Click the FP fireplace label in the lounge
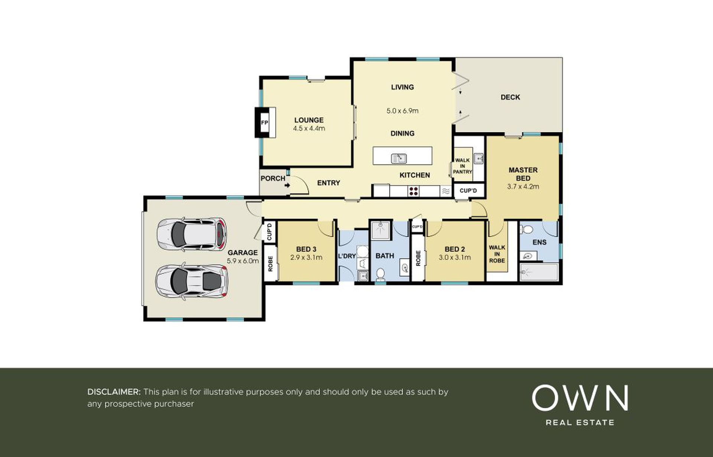(x=264, y=123)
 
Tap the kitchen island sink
(x=399, y=159)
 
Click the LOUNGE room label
(x=309, y=120)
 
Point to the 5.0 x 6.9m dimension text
(x=402, y=111)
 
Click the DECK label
(x=510, y=97)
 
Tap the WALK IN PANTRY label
(x=462, y=166)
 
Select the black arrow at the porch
(x=287, y=184)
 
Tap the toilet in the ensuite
(x=527, y=229)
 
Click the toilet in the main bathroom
(x=380, y=274)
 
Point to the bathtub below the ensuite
(x=539, y=272)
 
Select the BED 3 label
(x=306, y=249)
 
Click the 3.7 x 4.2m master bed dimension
(x=523, y=187)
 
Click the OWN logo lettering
(x=580, y=398)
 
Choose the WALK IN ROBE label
(x=497, y=254)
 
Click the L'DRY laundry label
(x=347, y=256)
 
